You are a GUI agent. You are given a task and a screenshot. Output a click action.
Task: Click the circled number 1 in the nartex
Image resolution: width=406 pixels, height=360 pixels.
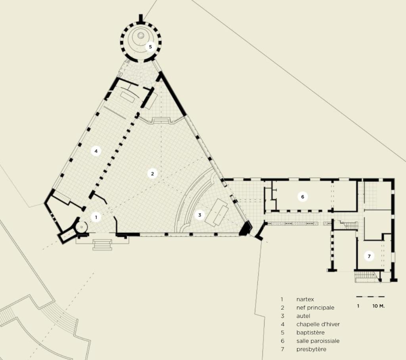(96, 217)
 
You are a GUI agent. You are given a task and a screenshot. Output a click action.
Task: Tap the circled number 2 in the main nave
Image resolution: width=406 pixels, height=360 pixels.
(152, 174)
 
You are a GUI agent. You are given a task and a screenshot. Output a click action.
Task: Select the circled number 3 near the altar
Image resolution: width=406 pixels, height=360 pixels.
(200, 215)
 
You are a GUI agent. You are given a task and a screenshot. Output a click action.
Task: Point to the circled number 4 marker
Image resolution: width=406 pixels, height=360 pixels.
(96, 151)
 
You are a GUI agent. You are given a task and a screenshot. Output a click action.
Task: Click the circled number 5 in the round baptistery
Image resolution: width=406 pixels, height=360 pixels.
(150, 47)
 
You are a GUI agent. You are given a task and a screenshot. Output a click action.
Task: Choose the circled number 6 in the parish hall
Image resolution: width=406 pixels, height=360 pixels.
(303, 197)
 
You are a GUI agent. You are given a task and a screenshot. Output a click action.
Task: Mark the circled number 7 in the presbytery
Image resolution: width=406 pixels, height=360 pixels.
(369, 257)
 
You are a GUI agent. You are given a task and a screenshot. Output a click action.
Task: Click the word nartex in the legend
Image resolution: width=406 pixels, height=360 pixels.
(305, 299)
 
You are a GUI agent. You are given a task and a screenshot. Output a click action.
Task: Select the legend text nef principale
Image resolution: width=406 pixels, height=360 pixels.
(315, 308)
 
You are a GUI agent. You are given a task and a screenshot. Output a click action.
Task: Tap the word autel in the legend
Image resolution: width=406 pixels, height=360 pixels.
(303, 316)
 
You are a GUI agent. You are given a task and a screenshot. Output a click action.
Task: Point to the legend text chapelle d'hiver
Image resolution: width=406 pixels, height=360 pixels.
(318, 324)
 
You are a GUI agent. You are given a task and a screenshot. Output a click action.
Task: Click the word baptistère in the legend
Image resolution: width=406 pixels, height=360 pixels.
(310, 333)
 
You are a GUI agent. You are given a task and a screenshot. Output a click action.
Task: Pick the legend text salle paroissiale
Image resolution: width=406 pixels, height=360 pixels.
(318, 341)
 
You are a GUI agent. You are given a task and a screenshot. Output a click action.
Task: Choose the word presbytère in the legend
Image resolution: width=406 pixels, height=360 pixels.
(311, 349)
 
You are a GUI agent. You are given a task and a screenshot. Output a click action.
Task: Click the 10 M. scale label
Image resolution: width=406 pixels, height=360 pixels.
(379, 306)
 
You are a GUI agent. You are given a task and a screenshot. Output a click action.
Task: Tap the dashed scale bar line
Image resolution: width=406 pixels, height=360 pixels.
(370, 297)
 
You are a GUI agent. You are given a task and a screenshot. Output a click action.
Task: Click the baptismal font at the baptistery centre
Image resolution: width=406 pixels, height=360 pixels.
(141, 35)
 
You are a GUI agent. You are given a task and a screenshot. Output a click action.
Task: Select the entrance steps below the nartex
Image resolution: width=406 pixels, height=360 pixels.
(102, 245)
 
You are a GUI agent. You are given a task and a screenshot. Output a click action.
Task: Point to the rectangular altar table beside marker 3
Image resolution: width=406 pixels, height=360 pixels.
(217, 213)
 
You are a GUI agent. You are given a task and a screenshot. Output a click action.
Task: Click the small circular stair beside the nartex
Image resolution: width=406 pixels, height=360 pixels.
(82, 227)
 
